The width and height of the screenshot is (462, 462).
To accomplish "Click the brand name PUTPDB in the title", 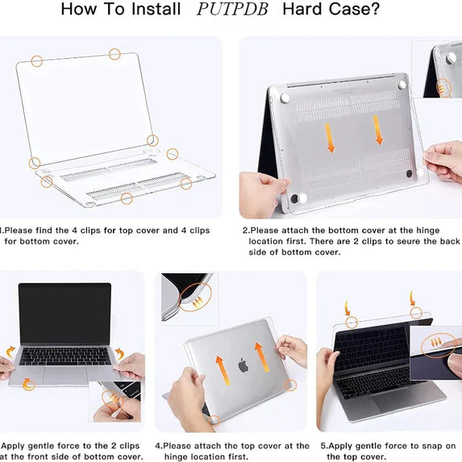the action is click(x=232, y=9).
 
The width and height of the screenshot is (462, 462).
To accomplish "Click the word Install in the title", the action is click(x=156, y=9).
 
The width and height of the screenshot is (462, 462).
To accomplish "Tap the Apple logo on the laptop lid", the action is click(x=243, y=364).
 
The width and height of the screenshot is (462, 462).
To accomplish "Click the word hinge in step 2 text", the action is click(x=427, y=231).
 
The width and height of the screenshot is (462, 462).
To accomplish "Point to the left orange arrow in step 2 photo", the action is click(x=330, y=138).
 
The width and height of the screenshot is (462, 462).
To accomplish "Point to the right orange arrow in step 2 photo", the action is click(x=377, y=130).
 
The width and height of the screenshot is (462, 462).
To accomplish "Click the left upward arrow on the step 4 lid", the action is click(x=223, y=370).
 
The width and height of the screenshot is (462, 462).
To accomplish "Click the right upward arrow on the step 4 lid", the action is click(x=262, y=357).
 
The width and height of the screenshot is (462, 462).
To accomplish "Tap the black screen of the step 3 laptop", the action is click(x=65, y=314).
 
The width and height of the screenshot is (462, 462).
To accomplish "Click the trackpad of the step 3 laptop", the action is click(x=65, y=375).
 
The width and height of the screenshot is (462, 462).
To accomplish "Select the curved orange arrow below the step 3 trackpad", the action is click(x=28, y=385).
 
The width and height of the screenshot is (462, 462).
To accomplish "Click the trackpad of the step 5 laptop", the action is click(x=394, y=401).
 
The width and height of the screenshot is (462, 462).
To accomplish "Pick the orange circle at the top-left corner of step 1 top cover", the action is click(x=37, y=61).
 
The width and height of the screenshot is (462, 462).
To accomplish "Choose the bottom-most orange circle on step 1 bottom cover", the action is click(x=127, y=198).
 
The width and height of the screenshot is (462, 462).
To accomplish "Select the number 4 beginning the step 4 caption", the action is click(x=158, y=447).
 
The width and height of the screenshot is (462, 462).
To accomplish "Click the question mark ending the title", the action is click(x=375, y=9).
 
